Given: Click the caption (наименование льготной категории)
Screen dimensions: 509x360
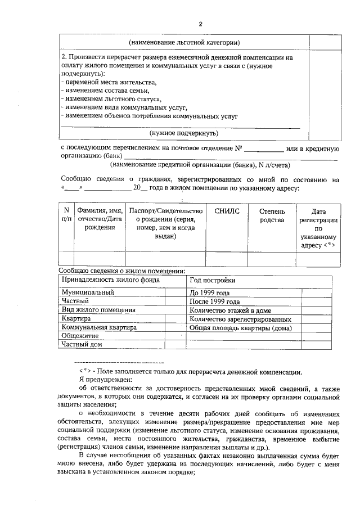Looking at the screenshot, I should (x=184, y=42).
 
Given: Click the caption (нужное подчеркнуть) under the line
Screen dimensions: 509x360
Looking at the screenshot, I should (x=183, y=133).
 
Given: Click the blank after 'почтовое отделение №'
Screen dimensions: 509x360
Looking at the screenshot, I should (x=264, y=149).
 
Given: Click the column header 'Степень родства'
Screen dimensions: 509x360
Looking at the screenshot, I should (x=272, y=215).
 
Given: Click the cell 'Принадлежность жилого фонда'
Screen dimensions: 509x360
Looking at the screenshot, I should (x=111, y=280).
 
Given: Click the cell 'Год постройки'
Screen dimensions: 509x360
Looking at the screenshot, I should (x=213, y=280).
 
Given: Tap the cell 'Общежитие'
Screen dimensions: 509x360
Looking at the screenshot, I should (x=80, y=336).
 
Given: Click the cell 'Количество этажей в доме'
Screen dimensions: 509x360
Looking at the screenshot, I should (x=231, y=310).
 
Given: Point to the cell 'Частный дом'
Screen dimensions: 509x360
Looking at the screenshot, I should (x=82, y=344).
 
